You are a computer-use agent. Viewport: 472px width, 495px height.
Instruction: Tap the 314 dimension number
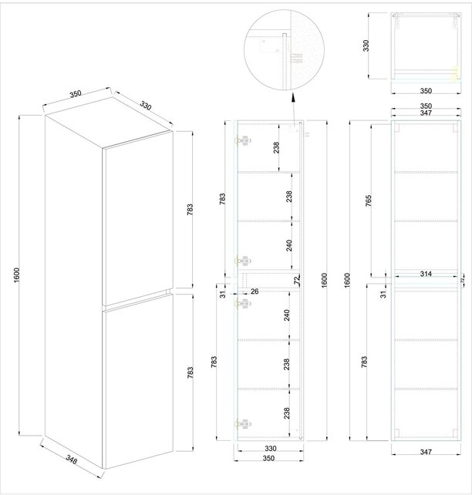point(426,273)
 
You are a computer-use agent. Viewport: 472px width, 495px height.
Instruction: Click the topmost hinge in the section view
point(244,141)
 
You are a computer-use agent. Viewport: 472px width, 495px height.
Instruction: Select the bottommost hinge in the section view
point(244,423)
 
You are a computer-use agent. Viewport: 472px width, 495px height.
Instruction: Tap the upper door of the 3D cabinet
point(137,214)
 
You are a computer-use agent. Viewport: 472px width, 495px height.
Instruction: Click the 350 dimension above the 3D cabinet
point(76,94)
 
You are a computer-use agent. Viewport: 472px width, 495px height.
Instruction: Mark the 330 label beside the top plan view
point(369,45)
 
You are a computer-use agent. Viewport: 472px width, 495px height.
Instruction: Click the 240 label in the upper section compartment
point(289,245)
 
